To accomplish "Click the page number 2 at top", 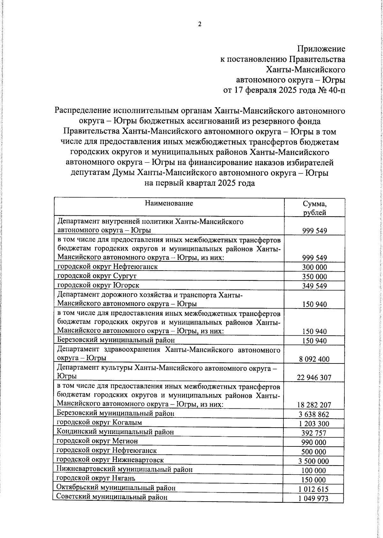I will (200, 24).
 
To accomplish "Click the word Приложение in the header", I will (321, 49).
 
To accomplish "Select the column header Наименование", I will (169, 203).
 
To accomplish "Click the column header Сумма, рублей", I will (314, 208).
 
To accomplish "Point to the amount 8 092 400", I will (314, 359).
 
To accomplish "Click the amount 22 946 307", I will (314, 378).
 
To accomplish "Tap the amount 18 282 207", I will (314, 405).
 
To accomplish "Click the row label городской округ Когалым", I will (99, 422).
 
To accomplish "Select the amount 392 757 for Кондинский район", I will (314, 433).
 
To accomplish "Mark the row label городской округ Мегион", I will (97, 441).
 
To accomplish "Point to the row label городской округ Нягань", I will (96, 478).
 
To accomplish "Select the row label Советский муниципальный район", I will (112, 497).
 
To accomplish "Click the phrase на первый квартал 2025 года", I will (200, 183).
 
